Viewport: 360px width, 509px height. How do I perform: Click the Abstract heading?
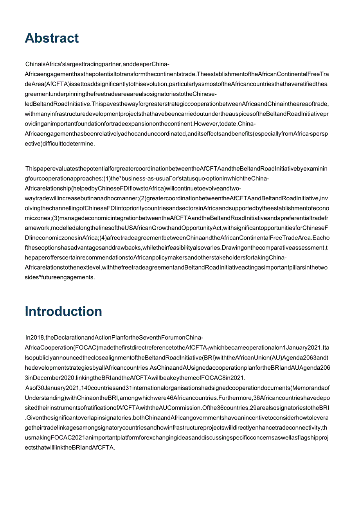tap(52, 38)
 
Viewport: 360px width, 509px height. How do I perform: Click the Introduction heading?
tap(63, 311)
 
